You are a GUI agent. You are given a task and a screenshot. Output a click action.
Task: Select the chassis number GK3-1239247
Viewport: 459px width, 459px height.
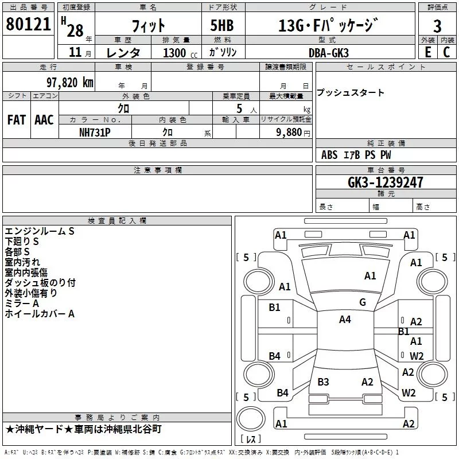click(386, 182)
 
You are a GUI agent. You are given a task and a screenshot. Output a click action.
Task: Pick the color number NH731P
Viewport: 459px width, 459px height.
click(95, 132)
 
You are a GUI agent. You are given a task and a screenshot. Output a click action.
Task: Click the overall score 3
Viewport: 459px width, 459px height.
click(437, 26)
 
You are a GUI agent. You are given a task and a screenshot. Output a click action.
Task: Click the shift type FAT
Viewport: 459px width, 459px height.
click(16, 120)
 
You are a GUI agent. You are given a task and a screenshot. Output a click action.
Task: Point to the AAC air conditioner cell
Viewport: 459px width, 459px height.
click(44, 120)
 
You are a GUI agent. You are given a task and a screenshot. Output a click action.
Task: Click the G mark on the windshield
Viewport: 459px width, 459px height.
click(363, 302)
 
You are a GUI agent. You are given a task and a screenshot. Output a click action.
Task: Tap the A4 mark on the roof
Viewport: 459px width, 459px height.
click(345, 320)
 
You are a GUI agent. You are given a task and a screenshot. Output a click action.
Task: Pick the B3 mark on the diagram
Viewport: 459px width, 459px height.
click(323, 382)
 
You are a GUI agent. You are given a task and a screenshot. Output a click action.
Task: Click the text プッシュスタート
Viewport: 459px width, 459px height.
click(351, 93)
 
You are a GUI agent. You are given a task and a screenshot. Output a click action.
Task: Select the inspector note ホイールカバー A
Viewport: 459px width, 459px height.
click(40, 314)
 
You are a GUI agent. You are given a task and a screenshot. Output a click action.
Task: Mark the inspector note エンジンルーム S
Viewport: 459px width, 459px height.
click(40, 231)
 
